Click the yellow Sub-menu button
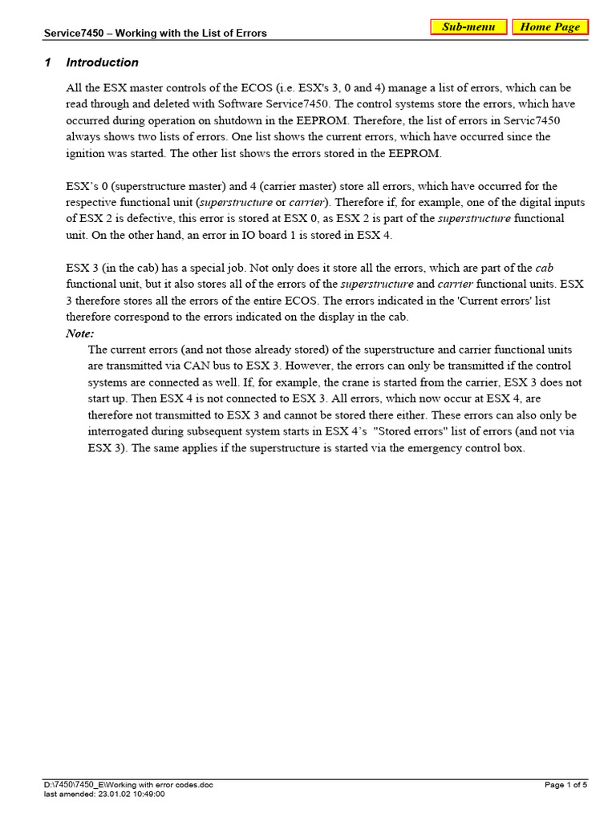pos(468,27)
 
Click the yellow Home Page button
pos(550,27)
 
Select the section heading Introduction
pos(102,63)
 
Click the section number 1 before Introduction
pos(48,63)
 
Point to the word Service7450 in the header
pos(71,34)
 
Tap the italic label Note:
pos(79,333)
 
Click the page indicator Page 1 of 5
pos(566,785)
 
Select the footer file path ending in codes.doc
pos(128,785)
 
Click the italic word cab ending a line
pos(545,268)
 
